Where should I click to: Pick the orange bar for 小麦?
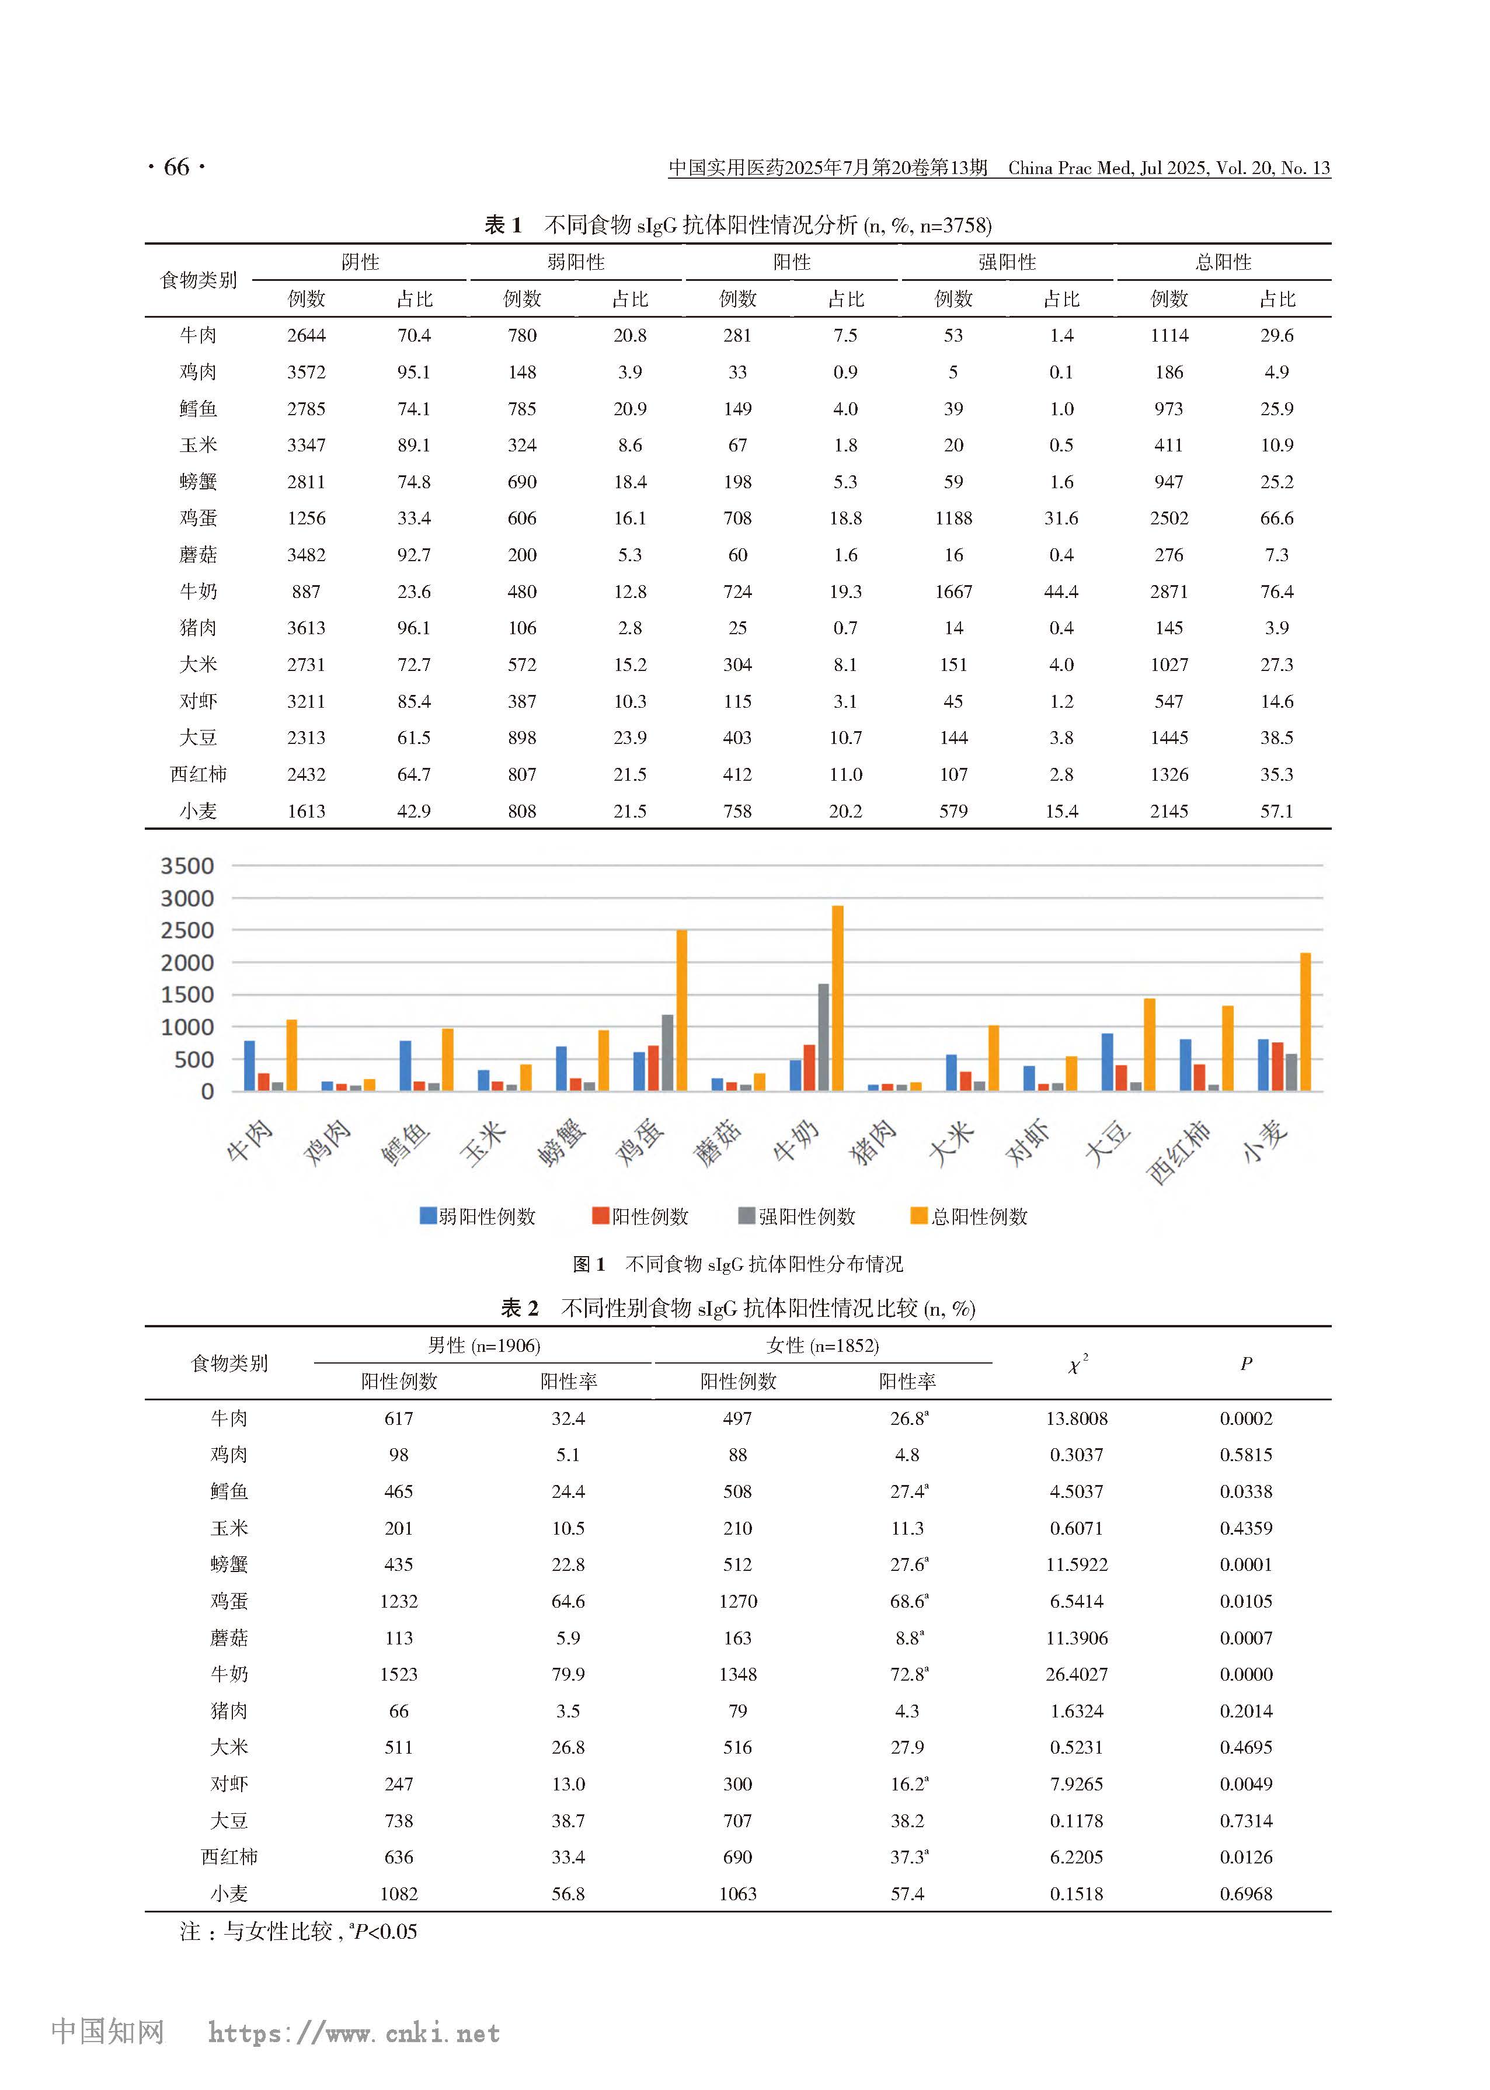(x=1305, y=1021)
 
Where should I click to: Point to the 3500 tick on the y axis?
(x=187, y=866)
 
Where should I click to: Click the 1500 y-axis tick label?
(x=187, y=994)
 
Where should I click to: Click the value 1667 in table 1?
(x=953, y=592)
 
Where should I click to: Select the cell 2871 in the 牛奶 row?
(x=1169, y=592)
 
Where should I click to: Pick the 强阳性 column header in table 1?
(x=1007, y=262)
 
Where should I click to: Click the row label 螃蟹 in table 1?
(x=198, y=482)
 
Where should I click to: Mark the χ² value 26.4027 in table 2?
(x=1076, y=1674)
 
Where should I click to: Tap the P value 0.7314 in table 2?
(x=1245, y=1820)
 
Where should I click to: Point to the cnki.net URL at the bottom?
(x=354, y=2033)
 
